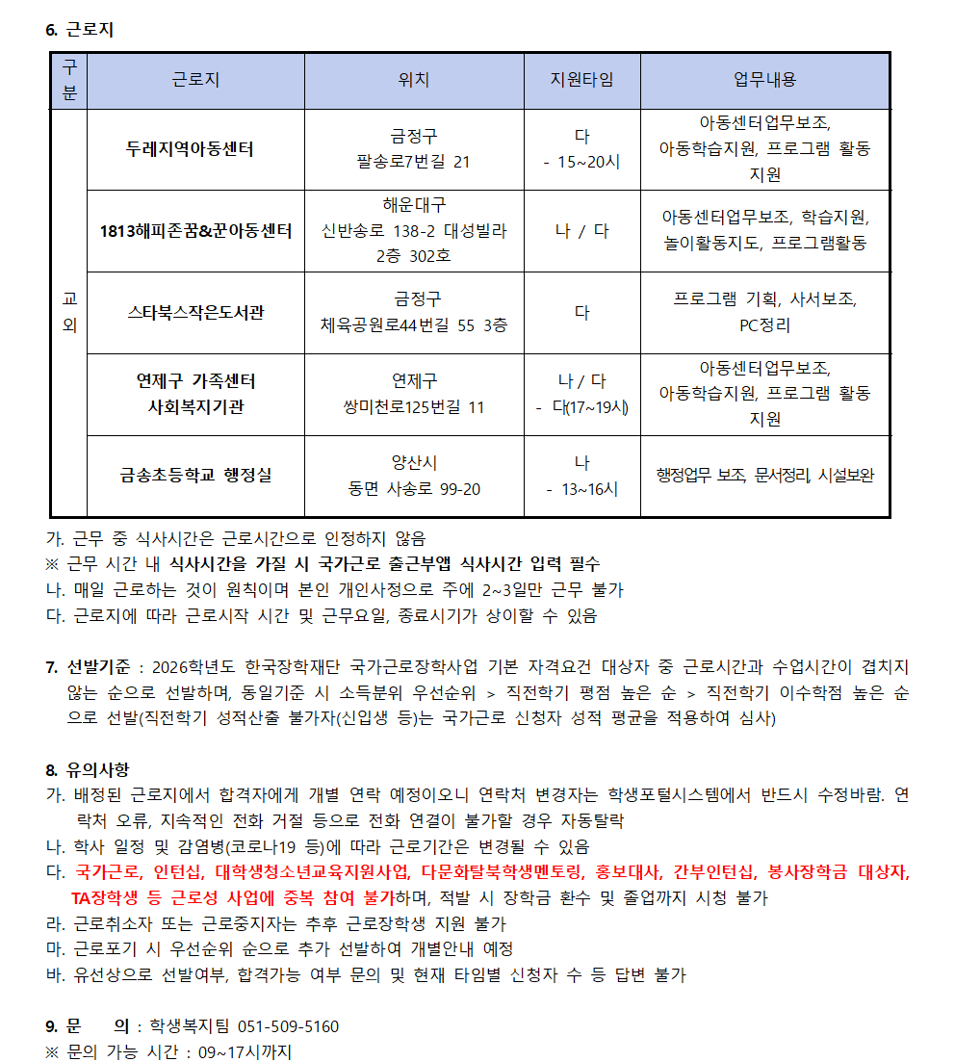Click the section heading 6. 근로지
[x=80, y=30]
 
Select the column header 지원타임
[x=581, y=80]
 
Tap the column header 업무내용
[x=764, y=80]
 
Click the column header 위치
[x=414, y=80]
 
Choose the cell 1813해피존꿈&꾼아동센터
[x=195, y=231]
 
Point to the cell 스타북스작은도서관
[x=195, y=312]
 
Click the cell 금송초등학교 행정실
[x=195, y=475]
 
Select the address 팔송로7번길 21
[x=414, y=162]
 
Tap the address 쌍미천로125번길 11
[x=414, y=406]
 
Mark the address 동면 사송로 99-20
[x=414, y=488]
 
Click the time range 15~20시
[x=588, y=162]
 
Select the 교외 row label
[x=68, y=312]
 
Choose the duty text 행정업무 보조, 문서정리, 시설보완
[x=764, y=475]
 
